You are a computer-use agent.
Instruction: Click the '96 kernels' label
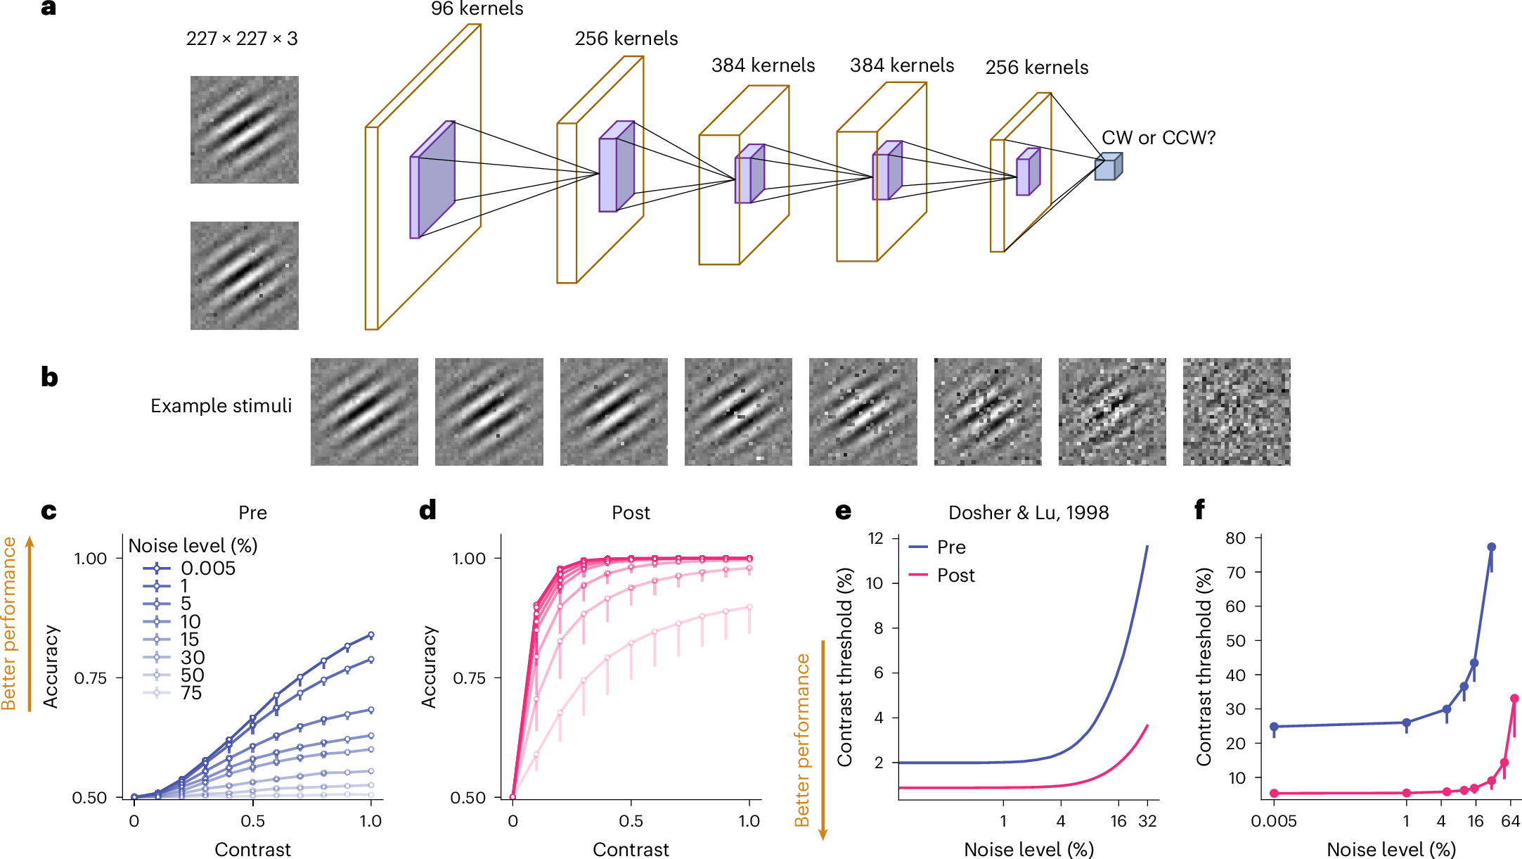coord(477,9)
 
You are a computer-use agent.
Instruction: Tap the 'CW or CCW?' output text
coord(1158,138)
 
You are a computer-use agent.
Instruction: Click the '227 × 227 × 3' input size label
coord(242,39)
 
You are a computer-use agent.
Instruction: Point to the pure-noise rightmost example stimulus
coord(1236,412)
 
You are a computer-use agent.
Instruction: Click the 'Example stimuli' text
coord(221,406)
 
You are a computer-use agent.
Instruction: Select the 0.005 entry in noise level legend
coord(207,568)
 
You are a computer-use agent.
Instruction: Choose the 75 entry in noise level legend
coord(191,693)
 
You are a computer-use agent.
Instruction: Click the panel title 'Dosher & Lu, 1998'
coord(1028,513)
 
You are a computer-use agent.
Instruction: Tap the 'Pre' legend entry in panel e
coord(950,547)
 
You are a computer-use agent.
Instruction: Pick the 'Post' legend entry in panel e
coord(955,575)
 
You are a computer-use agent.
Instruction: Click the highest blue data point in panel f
coord(1491,547)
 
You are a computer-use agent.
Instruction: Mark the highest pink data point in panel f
coord(1514,699)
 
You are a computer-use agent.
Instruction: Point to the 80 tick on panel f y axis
coord(1235,538)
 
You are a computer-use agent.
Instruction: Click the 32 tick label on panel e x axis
coord(1147,821)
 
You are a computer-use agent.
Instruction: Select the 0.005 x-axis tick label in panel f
coord(1273,821)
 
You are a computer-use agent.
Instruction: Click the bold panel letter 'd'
coord(427,509)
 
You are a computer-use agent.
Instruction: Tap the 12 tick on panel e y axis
coord(875,538)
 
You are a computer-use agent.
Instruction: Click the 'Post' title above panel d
coord(631,513)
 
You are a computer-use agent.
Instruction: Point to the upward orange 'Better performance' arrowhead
coord(30,541)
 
